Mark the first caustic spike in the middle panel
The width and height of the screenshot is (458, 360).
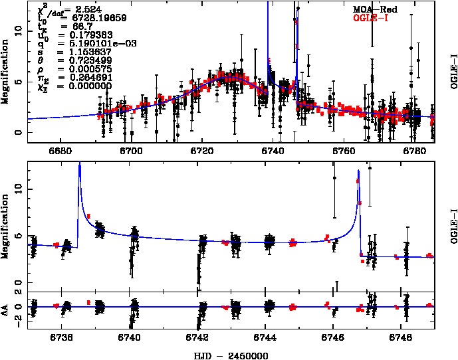pyautogui.click(x=80, y=166)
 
